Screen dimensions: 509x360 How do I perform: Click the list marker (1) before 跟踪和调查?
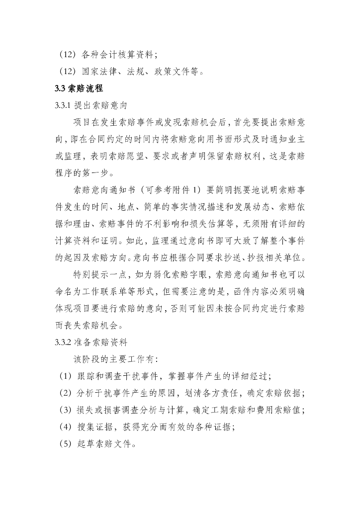66,376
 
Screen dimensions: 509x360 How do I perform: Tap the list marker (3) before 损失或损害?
66,410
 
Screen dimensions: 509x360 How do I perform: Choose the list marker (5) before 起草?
66,443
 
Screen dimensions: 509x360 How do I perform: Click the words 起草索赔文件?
107,443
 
